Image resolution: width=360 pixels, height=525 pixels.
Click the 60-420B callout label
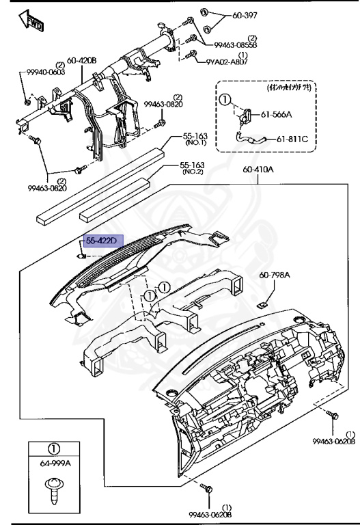coord(81,60)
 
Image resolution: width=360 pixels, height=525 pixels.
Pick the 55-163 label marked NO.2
coord(193,165)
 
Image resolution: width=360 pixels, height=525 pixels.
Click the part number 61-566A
coord(294,116)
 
